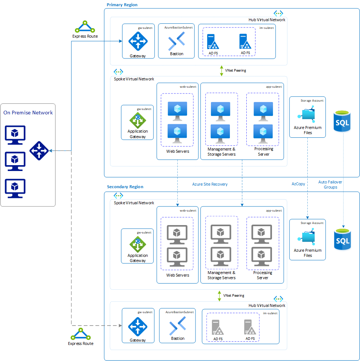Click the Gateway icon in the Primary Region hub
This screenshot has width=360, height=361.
click(x=138, y=41)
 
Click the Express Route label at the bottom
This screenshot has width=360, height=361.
click(x=80, y=343)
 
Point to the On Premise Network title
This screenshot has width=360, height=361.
click(x=28, y=113)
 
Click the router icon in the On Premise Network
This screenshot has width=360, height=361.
click(x=39, y=151)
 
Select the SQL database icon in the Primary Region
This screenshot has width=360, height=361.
click(x=342, y=122)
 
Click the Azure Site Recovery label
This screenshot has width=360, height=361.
click(x=210, y=184)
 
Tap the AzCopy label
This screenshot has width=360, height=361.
click(x=298, y=184)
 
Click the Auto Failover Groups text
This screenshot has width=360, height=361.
click(x=330, y=185)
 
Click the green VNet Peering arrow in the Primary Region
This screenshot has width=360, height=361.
click(x=221, y=71)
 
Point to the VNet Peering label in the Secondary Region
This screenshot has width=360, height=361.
click(x=234, y=295)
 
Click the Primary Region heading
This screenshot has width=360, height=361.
click(x=122, y=5)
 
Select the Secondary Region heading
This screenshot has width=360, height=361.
click(x=125, y=187)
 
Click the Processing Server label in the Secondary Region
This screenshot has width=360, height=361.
click(x=262, y=275)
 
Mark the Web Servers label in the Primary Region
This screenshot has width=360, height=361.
click(x=178, y=151)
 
